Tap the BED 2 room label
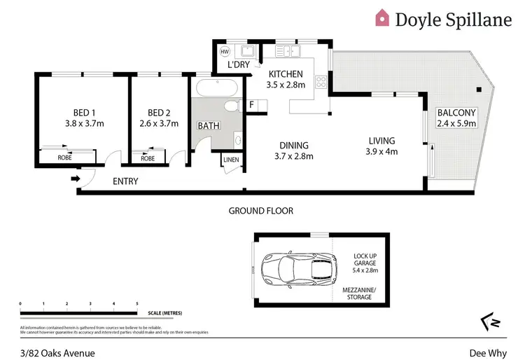point(159,113)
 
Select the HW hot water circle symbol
point(225,52)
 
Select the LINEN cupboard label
point(231,160)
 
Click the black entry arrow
point(75,179)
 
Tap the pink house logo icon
point(382,18)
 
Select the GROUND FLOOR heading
point(261,210)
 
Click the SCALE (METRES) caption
point(166,314)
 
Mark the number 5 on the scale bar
point(136,303)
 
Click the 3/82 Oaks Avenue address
point(57,354)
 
